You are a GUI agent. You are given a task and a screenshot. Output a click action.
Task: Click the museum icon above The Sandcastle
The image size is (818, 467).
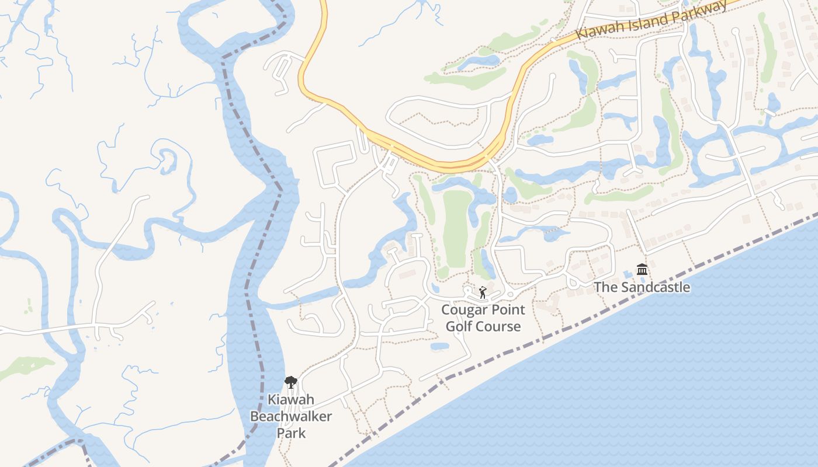pos(642,270)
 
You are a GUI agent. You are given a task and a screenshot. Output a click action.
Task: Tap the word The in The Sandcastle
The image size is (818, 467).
pos(605,287)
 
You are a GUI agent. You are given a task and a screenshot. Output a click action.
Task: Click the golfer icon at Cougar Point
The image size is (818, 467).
pos(483,292)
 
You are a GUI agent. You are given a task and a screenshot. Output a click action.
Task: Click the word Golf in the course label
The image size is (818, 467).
pos(458,326)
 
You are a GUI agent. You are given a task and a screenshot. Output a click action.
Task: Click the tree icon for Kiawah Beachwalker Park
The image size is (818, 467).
pos(290,382)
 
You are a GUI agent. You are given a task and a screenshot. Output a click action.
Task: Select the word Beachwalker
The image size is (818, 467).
pos(291,416)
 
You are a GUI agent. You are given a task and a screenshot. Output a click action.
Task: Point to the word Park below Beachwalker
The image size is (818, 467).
pos(291,433)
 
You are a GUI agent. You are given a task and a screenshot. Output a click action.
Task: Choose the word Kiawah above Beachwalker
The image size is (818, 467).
pos(291,400)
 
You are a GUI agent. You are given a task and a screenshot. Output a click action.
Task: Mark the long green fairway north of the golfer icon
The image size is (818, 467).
pos(457,228)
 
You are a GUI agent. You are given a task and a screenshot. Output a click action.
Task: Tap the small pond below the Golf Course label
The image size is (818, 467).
pos(439,346)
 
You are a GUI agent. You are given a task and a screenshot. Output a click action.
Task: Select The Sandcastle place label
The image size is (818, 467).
pos(642,287)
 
